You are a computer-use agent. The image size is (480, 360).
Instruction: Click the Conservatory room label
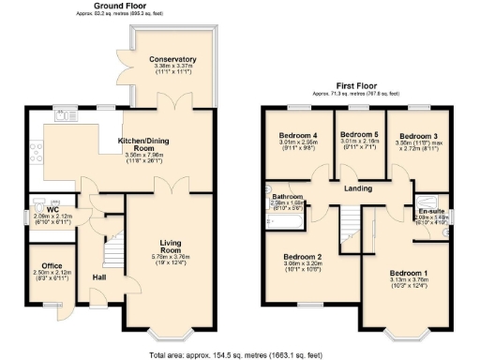(x=173, y=60)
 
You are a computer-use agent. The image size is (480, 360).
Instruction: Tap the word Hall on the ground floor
(x=99, y=277)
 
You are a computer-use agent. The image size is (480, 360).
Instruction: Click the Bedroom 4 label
(x=298, y=136)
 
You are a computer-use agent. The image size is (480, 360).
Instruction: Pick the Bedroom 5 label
(x=356, y=134)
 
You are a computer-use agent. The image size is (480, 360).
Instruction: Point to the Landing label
(x=358, y=189)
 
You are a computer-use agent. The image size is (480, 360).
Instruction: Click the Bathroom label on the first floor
(x=285, y=197)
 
